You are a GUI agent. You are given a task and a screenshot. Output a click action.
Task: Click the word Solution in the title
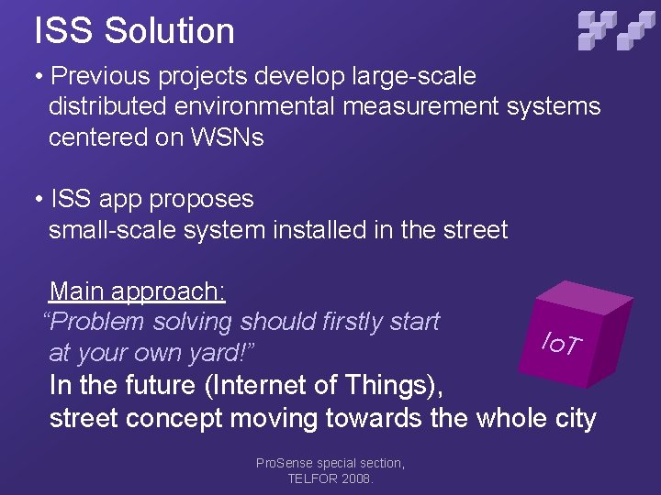169,31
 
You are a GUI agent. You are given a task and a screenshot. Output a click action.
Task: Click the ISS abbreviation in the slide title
64,31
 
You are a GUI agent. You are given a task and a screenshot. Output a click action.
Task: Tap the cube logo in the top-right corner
616,29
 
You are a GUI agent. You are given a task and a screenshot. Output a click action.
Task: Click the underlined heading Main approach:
138,291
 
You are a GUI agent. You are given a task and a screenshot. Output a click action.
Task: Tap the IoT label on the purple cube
561,344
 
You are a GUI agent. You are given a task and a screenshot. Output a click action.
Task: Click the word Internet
261,384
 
